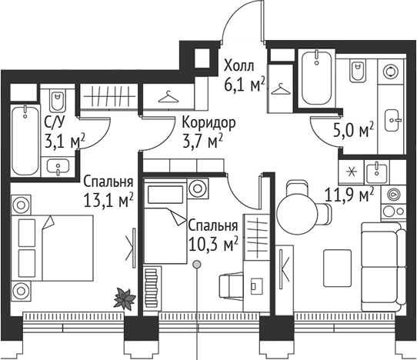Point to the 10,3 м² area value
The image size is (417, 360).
pos(212,245)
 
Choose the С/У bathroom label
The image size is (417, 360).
pos(54,122)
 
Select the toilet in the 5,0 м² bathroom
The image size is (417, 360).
pos(358,73)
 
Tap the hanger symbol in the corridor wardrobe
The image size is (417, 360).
pos(168,97)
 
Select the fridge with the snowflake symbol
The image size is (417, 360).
pos(352,170)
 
